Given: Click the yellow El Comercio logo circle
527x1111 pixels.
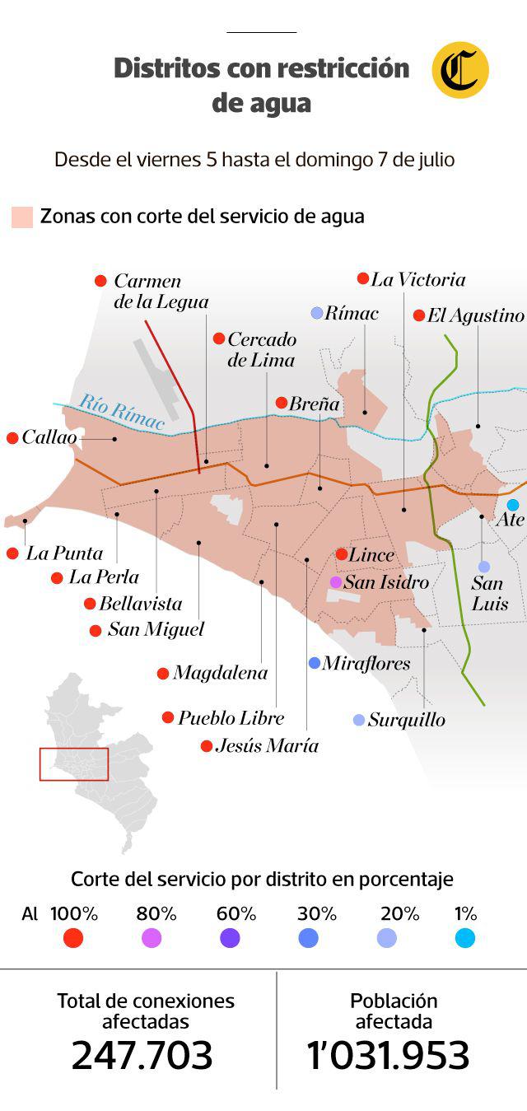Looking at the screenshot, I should pos(460,70).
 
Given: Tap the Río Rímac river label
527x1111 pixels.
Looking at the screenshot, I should pos(122,413).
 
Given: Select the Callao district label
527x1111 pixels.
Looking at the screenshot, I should pos(49,438).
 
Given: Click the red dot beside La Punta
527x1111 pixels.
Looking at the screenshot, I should pos(12,553).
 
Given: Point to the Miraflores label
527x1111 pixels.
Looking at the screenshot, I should pos(366,663).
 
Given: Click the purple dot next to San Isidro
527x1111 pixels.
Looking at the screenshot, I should pos(336,582).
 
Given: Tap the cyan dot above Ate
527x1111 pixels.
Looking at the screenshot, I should pos(513,505).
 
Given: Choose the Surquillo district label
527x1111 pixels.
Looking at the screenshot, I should pos(406,720).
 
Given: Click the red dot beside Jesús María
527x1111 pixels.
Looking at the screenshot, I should pos(206,746).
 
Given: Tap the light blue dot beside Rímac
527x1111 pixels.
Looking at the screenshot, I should pos(316,313).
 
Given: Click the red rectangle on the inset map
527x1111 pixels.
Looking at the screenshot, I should pos(74,763).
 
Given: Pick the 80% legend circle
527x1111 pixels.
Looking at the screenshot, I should pos(152,937).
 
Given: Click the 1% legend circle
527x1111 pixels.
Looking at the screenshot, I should pos(465,937).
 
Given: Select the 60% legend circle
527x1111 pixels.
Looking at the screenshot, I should pos(231,937).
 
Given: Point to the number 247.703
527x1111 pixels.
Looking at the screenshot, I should pos(142,1056).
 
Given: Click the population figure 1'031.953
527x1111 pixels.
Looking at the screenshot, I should pos(388,1056).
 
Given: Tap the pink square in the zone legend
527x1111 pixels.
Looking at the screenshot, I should pos(22,217).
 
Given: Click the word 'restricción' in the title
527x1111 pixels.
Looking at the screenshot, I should pos(343,68).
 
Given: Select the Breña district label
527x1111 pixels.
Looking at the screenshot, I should pos(314,404).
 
